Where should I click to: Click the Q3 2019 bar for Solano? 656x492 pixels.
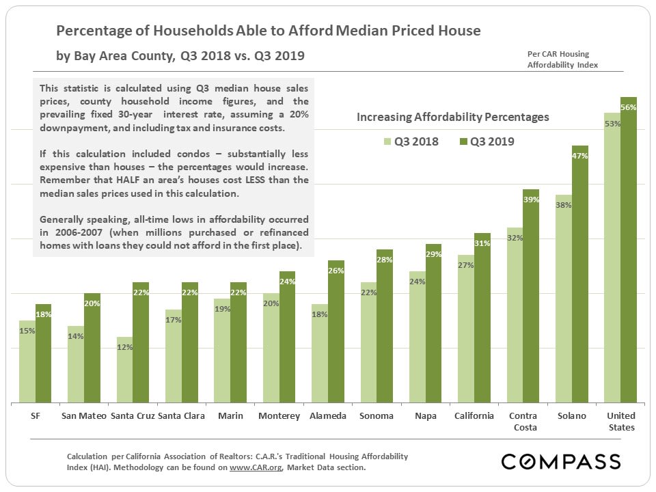click(x=580, y=273)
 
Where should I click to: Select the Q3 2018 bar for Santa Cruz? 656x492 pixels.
click(x=124, y=369)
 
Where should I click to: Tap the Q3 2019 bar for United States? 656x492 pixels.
click(x=629, y=253)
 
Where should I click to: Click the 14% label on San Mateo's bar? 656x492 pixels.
click(x=76, y=336)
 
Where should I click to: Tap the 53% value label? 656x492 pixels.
click(x=612, y=124)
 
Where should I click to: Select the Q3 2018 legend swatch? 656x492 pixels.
click(x=388, y=142)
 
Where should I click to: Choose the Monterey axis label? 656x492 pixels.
click(x=279, y=416)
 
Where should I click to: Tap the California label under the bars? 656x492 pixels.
click(x=474, y=416)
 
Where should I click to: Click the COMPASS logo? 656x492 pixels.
click(x=561, y=461)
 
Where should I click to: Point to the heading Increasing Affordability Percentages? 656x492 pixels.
click(x=452, y=117)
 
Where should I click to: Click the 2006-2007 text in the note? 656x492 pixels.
click(x=64, y=232)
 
